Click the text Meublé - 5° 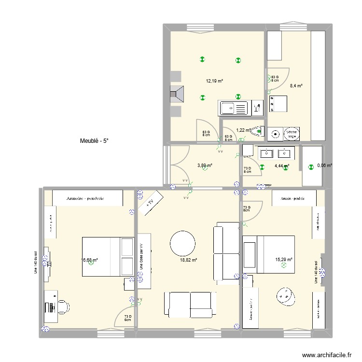pos(95,141)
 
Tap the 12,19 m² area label pos(214,81)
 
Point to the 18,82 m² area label pos(189,260)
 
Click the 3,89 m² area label pos(205,166)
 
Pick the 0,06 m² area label pos(324,166)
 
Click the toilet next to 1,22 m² pos(259,131)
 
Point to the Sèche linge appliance pos(291,134)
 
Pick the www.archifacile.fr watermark pos(326,355)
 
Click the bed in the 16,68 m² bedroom pos(107,256)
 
